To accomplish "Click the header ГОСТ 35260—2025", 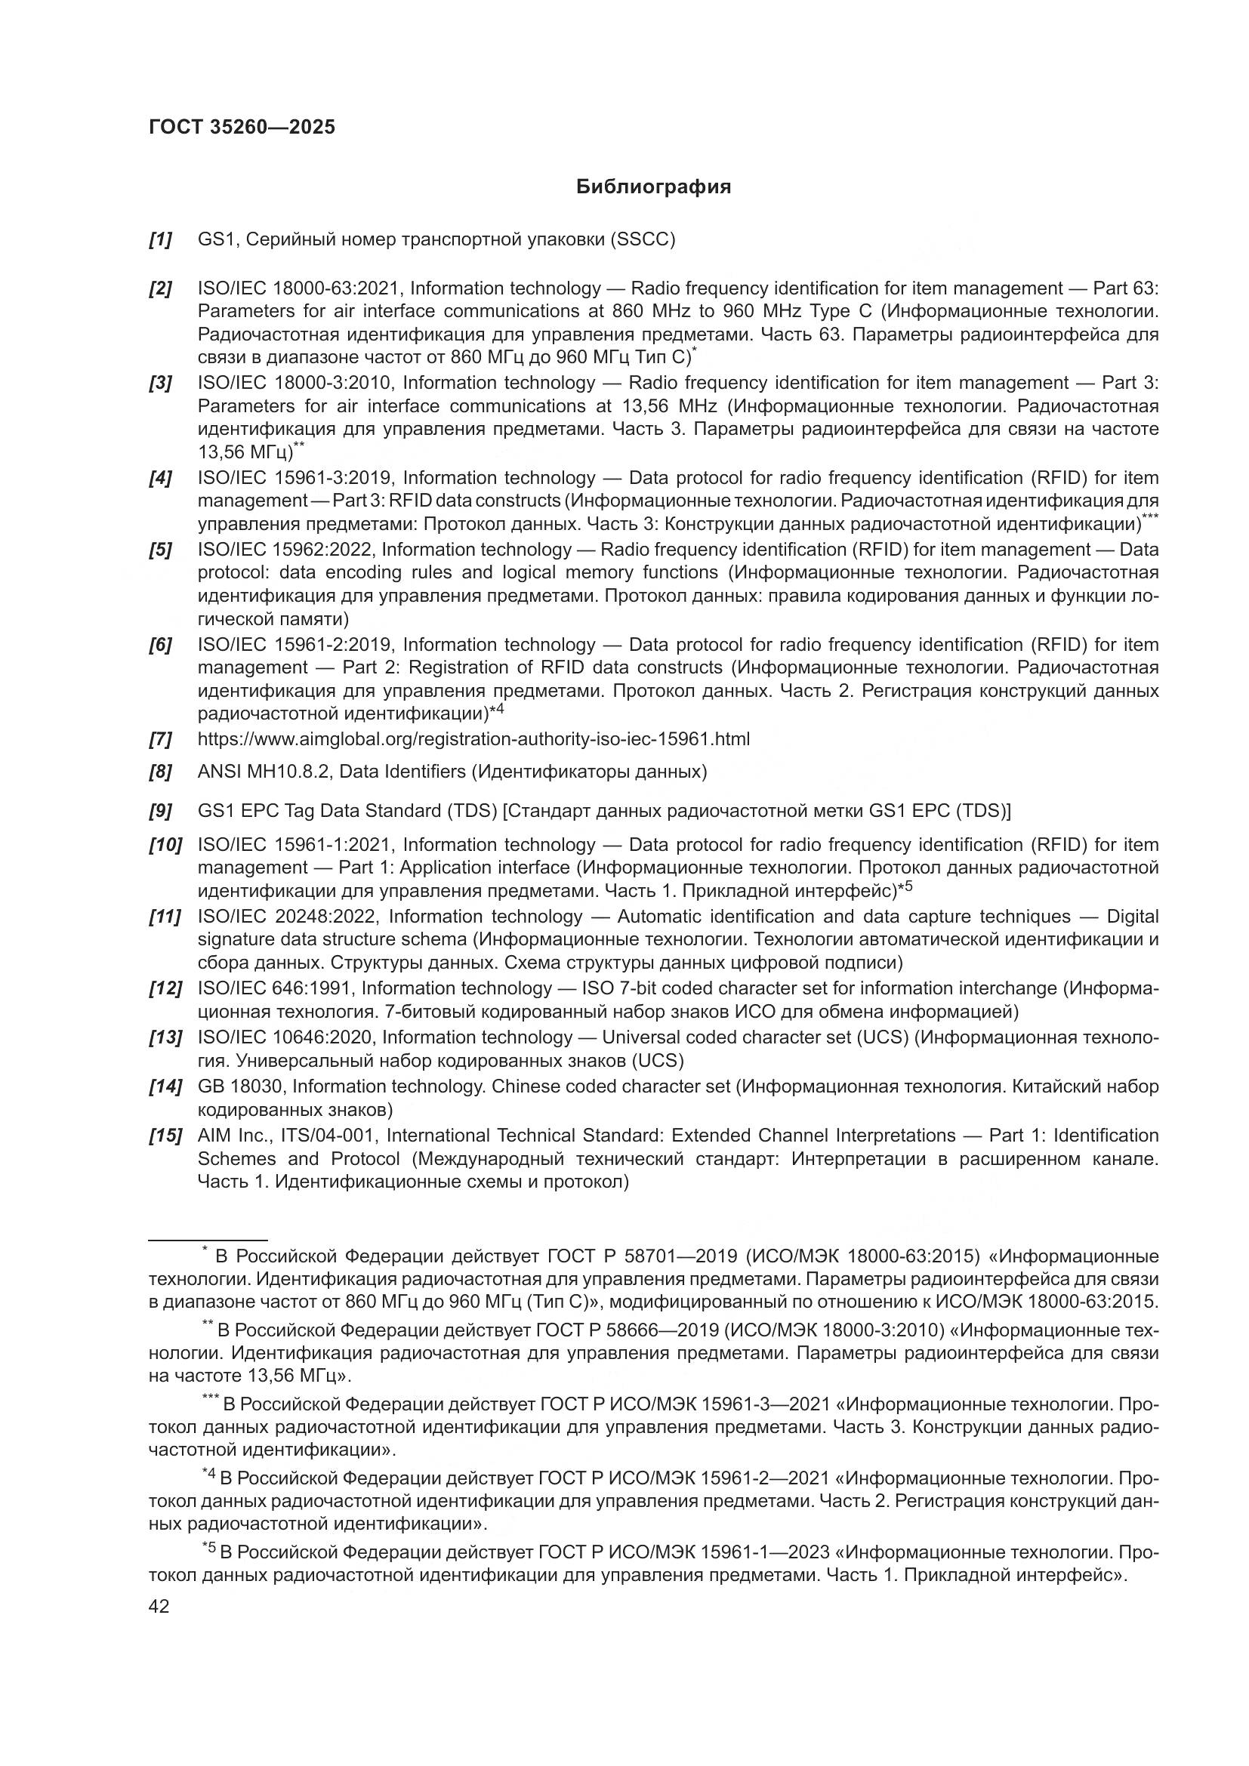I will pyautogui.click(x=242, y=128).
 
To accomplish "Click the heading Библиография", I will pyautogui.click(x=653, y=187).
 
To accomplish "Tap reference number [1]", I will pyautogui.click(x=160, y=240).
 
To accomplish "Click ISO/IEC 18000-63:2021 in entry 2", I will pyautogui.click(x=298, y=288).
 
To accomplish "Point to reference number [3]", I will pyautogui.click(x=160, y=383).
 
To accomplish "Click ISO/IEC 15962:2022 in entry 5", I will pyautogui.click(x=285, y=550).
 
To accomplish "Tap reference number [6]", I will pyautogui.click(x=160, y=645).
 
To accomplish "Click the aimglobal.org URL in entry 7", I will pyautogui.click(x=473, y=739).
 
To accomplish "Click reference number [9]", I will pyautogui.click(x=160, y=811).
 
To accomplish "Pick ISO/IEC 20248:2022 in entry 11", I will pyautogui.click(x=288, y=917).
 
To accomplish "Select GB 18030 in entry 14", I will pyautogui.click(x=240, y=1086).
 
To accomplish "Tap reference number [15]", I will pyautogui.click(x=165, y=1136).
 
